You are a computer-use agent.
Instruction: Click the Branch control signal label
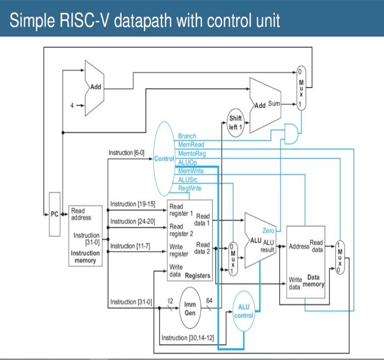point(187,136)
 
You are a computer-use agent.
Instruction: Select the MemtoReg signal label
point(190,153)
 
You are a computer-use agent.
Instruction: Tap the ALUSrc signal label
point(188,179)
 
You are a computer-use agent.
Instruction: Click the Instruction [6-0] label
point(126,152)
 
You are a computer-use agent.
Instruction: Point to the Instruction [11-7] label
point(131,245)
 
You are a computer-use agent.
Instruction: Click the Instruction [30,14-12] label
point(188,337)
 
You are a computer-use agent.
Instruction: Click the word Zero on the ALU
point(269,230)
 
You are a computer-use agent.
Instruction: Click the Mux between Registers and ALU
point(234,257)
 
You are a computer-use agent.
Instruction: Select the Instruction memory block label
point(84,256)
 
